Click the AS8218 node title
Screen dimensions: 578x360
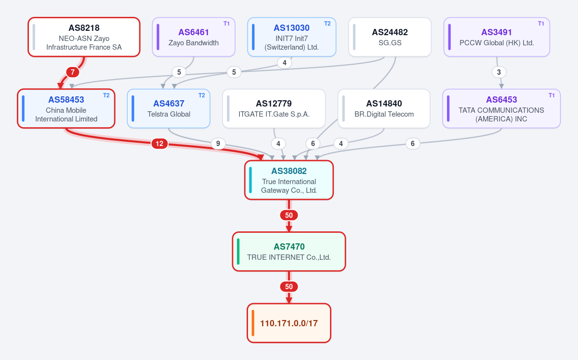(84, 28)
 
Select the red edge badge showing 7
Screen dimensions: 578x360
(73, 72)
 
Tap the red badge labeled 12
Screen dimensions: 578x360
(159, 144)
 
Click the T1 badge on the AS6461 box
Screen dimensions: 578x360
(226, 24)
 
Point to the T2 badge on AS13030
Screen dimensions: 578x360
(327, 24)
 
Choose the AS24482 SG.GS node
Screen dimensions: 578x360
(390, 37)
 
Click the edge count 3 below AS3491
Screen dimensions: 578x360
(499, 72)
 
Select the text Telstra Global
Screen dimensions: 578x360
(169, 114)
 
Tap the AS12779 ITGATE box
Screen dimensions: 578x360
(274, 108)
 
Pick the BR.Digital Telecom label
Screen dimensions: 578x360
(384, 114)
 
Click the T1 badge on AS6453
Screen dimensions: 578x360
(552, 95)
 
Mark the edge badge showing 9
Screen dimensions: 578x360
(218, 144)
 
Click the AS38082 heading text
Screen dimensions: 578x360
(289, 171)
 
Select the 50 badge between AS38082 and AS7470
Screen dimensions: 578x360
(289, 215)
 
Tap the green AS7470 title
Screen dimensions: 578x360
(289, 247)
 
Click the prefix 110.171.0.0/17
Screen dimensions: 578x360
(289, 323)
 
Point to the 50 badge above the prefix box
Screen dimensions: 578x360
(289, 287)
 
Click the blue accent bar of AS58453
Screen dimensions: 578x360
(23, 108)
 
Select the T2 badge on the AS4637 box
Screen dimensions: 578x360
(201, 95)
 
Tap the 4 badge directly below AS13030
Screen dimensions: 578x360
(284, 63)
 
